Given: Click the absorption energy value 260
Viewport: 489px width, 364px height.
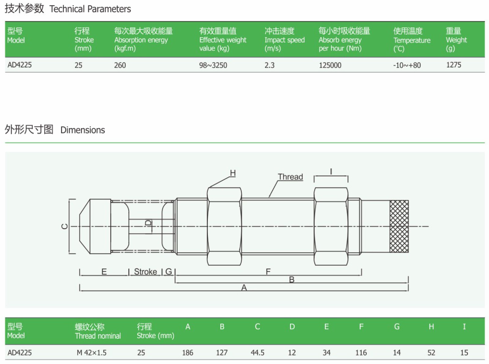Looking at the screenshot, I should tap(120, 65).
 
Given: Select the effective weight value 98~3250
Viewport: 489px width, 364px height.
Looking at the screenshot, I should tap(213, 65).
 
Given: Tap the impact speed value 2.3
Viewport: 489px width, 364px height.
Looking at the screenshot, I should tap(269, 65).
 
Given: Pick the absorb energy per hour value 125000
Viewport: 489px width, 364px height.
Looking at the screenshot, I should tap(330, 65).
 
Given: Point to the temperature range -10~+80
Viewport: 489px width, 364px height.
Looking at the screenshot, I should tap(407, 65).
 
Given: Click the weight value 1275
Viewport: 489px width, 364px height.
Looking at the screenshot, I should tap(454, 65).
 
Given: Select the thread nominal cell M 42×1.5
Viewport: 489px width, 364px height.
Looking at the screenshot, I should tap(91, 353).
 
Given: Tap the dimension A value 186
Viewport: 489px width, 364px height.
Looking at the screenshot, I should tap(187, 353).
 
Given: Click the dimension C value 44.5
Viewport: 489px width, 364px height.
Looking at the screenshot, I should tap(257, 353).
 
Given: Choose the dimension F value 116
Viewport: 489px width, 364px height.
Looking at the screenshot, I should tap(361, 353).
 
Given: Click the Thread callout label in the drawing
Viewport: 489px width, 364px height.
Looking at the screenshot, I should tap(290, 177).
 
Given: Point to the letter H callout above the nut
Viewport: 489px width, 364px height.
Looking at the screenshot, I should tap(233, 173).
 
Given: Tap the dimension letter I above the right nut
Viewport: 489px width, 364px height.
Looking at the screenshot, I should tap(331, 172).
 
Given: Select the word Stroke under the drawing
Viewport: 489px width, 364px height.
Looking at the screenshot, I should tap(145, 272).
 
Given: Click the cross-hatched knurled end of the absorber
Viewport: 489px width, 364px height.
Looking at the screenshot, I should tap(399, 226).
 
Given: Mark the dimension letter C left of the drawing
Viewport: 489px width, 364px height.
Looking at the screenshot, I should tap(65, 226).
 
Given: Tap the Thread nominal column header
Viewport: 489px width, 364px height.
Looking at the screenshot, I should tap(98, 331).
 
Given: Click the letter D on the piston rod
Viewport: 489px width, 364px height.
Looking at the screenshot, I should tap(148, 223).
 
